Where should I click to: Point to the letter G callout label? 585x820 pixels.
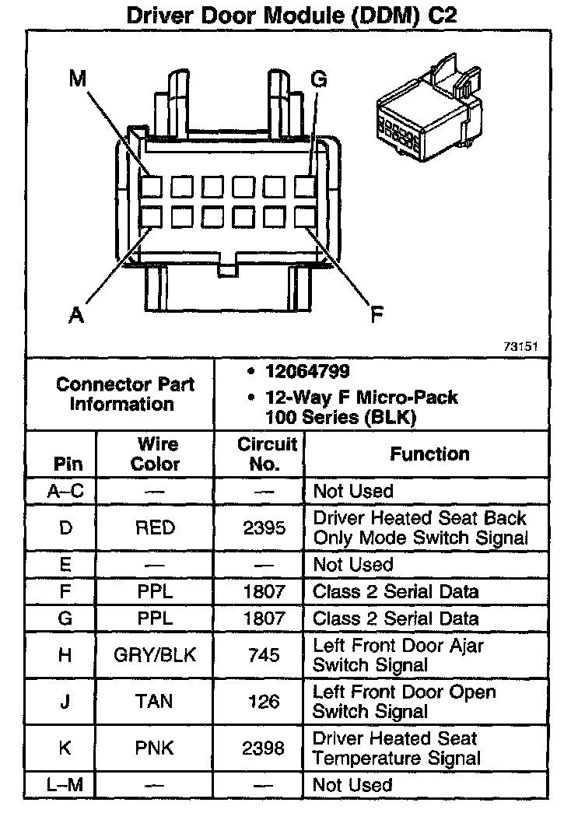(318, 80)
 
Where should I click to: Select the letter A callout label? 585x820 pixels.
(76, 315)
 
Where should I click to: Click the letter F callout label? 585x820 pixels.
(377, 315)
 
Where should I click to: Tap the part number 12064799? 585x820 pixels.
(307, 372)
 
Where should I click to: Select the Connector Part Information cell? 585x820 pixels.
(125, 394)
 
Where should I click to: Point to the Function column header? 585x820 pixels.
(429, 454)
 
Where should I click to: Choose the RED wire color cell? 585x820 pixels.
(155, 528)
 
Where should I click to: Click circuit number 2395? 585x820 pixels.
(264, 528)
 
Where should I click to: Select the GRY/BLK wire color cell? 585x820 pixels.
(155, 656)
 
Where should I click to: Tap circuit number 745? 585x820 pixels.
(264, 656)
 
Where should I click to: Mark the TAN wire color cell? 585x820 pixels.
(155, 702)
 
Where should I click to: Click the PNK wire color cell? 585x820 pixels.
(155, 748)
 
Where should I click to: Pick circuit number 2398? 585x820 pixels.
(264, 748)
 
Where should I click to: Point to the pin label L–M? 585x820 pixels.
(65, 786)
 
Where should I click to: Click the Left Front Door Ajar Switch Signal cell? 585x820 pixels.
(398, 656)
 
